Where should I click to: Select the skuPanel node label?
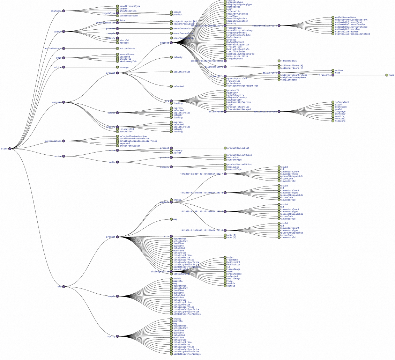coord(56,11)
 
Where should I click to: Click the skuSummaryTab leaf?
coord(128,61)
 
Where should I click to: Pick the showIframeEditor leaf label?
coord(130,146)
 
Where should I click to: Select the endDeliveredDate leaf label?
coord(345,17)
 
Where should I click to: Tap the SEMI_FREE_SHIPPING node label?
coord(265,111)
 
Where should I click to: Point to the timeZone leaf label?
coord(340,121)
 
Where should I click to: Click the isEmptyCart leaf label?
coord(342,102)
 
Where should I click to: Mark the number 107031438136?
coord(289,61)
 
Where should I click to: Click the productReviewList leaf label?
coord(238,148)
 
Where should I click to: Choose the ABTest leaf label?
coord(178,153)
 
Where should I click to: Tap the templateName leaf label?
coord(289,80)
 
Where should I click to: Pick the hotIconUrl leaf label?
coord(233,262)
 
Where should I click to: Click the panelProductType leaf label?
coord(130,6)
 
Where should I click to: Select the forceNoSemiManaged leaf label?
coord(239,109)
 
